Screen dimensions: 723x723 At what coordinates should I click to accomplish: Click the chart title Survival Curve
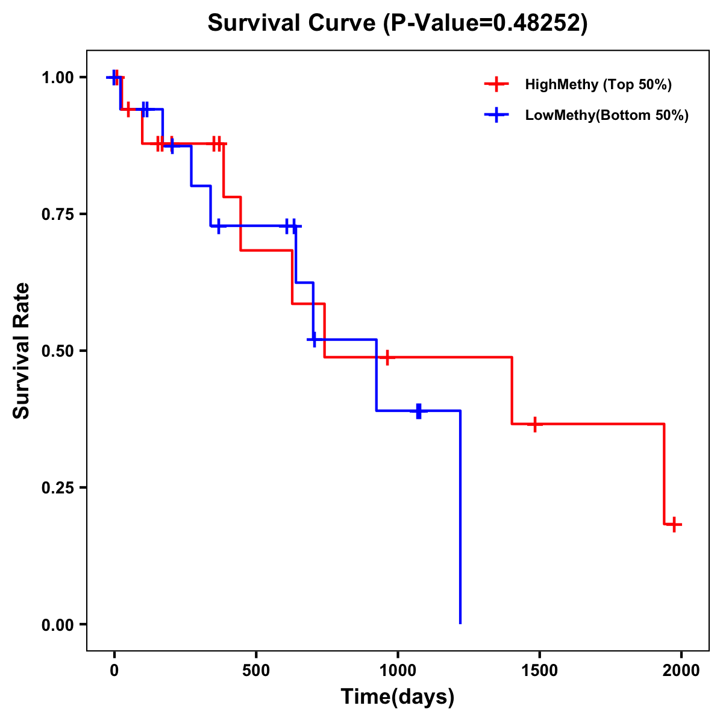pos(397,23)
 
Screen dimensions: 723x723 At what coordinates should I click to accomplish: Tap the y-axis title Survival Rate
pos(22,350)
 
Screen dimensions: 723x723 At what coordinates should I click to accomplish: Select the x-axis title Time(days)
pos(397,696)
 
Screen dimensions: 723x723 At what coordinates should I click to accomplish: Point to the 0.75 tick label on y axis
pos(57,214)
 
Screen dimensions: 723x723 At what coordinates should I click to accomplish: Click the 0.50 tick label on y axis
pos(57,351)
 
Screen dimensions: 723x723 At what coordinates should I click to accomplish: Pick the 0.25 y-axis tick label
pos(57,487)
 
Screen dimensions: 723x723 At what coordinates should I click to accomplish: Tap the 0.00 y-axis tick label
pos(57,624)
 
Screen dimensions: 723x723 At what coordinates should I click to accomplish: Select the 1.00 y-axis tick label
pos(57,77)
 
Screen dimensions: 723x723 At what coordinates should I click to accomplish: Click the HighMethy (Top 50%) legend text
pos(598,84)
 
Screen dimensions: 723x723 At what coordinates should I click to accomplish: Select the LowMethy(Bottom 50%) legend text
pos(607,115)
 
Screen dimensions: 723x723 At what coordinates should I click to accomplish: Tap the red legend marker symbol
pos(496,84)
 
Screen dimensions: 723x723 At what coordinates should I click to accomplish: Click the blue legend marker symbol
pos(496,115)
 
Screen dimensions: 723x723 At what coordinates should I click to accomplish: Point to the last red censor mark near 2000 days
pos(675,524)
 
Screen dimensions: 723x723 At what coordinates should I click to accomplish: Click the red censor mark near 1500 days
pos(534,424)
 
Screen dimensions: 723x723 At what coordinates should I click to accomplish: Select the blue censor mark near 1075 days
pos(419,411)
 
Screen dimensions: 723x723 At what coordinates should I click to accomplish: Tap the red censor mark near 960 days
pos(387,357)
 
